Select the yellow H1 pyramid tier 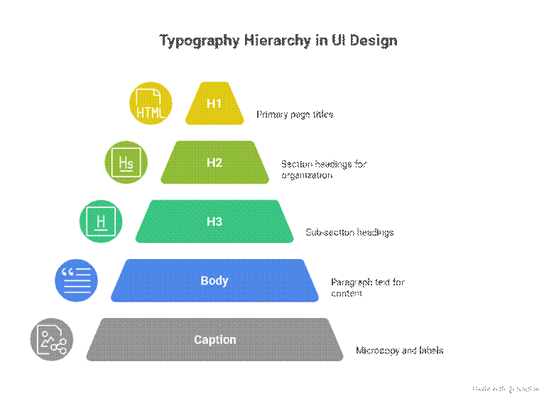click(214, 104)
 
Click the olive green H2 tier click(214, 163)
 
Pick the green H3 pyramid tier click(214, 221)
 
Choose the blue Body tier click(214, 280)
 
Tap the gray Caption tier click(214, 339)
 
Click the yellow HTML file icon click(150, 104)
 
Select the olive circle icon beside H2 click(126, 163)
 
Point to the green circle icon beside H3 click(101, 221)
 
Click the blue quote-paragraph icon click(76, 280)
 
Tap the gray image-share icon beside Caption click(52, 339)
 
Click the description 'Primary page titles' click(295, 114)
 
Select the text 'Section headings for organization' click(323, 169)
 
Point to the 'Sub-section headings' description click(349, 232)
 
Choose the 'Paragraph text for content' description click(367, 287)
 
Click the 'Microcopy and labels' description click(399, 351)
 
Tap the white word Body click(214, 280)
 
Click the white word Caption click(214, 339)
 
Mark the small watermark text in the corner click(506, 388)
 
